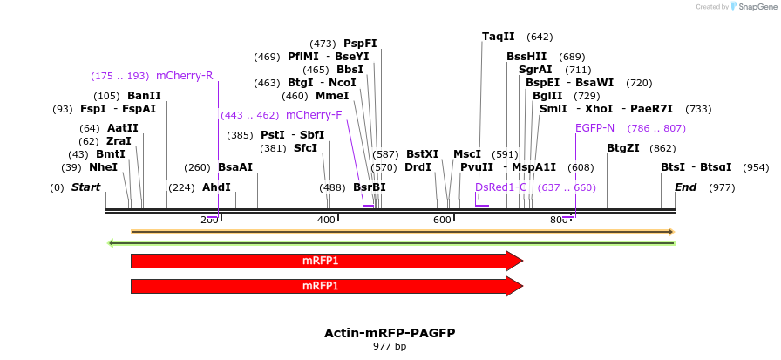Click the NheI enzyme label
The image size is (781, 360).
[x=103, y=167]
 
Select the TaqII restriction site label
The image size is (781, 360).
[x=498, y=37]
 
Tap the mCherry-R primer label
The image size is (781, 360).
[x=184, y=76]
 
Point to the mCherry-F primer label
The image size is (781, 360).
[x=314, y=115]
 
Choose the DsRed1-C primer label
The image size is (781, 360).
[x=500, y=187]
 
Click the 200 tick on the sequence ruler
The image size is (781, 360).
[x=209, y=220]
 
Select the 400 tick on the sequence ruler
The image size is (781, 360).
[x=326, y=220]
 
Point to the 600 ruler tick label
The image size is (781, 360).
[x=442, y=220]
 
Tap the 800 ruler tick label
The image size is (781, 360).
[x=559, y=220]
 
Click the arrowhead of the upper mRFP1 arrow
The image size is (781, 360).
[x=515, y=261]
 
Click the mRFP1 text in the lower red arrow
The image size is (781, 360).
[x=320, y=286]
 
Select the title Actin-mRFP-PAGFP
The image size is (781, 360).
[x=390, y=333]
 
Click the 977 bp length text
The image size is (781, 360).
[x=390, y=347]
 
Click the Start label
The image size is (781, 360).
[x=85, y=187]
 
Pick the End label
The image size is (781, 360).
[x=685, y=187]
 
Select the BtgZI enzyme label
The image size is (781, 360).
[x=622, y=148]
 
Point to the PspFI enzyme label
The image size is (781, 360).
[x=360, y=44]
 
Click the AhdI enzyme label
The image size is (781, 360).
[x=216, y=187]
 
